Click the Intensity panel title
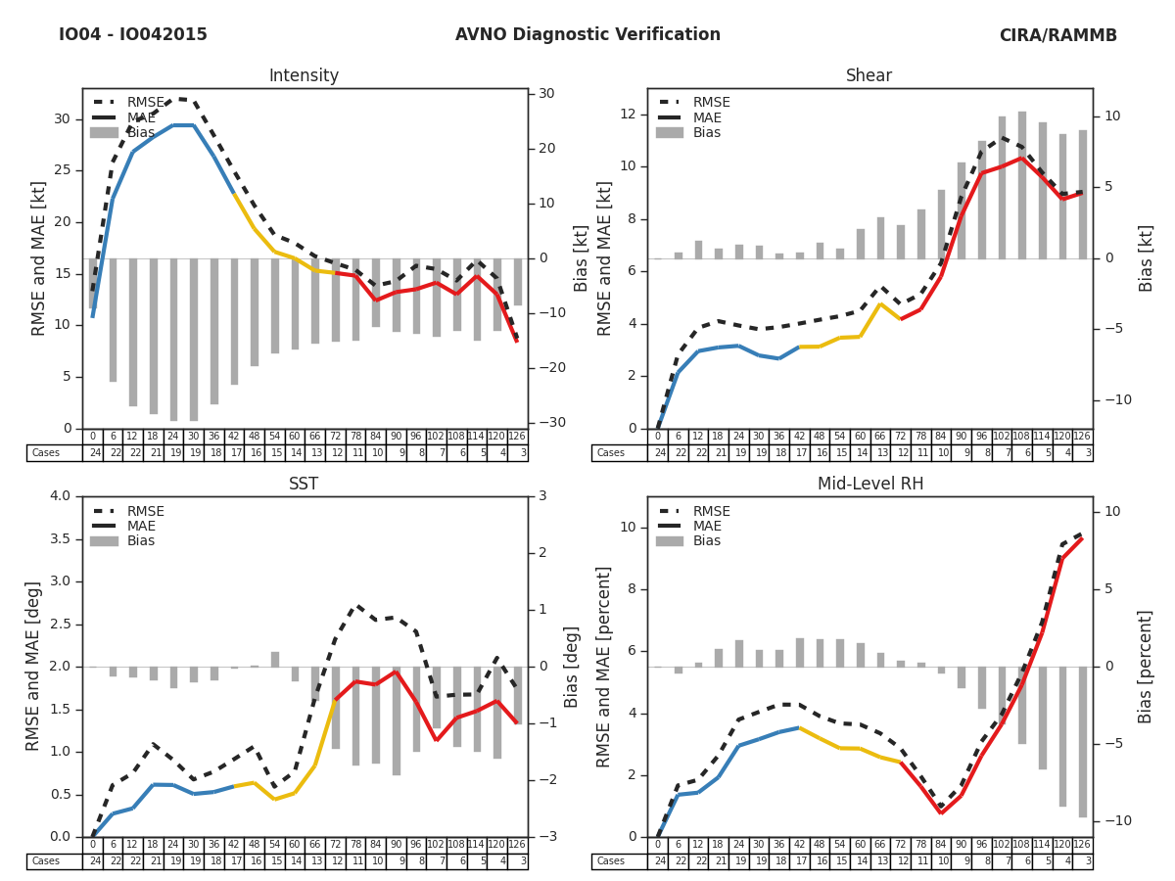click(x=304, y=76)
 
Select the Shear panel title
click(x=869, y=76)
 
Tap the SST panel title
click(x=304, y=485)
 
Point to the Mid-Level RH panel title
click(x=869, y=485)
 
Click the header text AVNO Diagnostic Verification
click(x=587, y=35)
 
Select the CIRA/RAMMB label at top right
click(x=1057, y=35)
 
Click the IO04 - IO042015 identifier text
click(x=133, y=35)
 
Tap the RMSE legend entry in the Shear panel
click(x=711, y=103)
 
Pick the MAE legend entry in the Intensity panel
click(x=141, y=117)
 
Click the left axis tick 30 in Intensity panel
click(x=62, y=119)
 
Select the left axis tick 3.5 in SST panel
click(x=58, y=538)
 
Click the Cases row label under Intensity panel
click(x=46, y=453)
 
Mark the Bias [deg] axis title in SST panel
click(x=572, y=667)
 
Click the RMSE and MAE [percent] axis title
click(x=604, y=667)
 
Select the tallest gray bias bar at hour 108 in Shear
click(x=1022, y=185)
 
